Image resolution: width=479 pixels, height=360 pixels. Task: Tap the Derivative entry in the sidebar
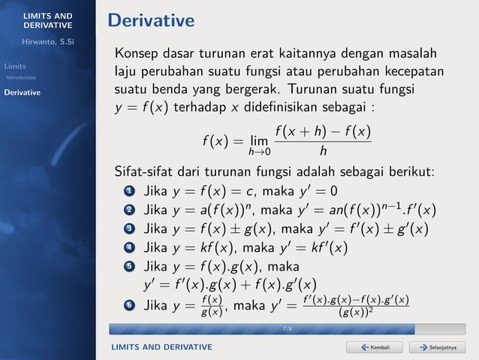[23, 93]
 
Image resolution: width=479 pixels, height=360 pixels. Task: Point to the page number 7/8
[288, 329]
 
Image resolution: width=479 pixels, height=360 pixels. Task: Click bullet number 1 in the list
[128, 190]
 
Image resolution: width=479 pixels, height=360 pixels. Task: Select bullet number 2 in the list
[128, 209]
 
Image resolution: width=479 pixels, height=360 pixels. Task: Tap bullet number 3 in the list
[128, 228]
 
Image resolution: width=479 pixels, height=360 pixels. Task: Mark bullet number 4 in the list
[128, 247]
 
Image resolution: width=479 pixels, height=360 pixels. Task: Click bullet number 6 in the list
[128, 306]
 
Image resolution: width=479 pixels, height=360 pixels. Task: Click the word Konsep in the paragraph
[136, 54]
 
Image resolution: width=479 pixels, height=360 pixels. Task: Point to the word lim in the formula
[260, 141]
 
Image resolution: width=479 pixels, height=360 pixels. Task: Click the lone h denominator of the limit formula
[323, 150]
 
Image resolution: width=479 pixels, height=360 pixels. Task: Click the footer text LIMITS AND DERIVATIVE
[161, 346]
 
